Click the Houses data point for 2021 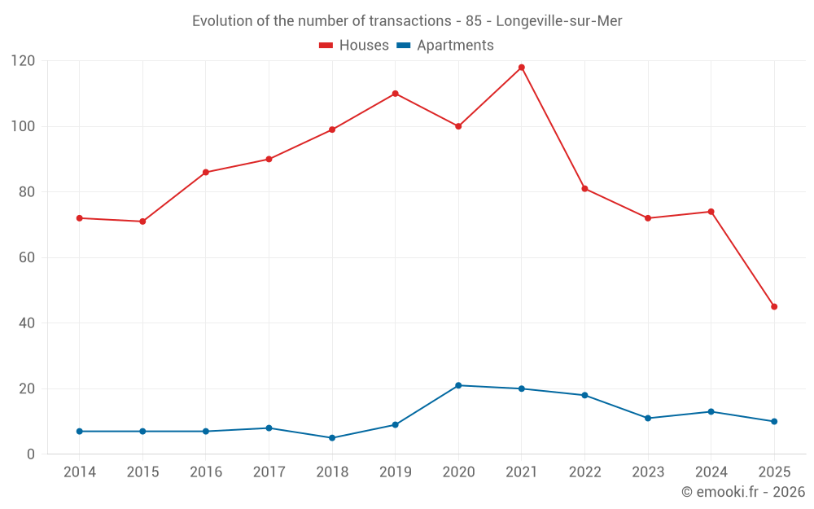coord(522,68)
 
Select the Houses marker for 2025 coord(774,307)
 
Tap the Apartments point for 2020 coord(458,385)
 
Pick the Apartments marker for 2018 coord(332,438)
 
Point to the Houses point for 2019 coord(395,94)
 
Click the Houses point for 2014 coord(79,218)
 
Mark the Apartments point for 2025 coord(774,422)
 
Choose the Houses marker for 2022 coord(584,189)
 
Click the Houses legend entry coord(354,46)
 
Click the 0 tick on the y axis coord(31,454)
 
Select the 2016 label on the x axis coord(205,472)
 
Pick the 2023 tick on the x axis coord(648,472)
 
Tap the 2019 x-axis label coord(395,472)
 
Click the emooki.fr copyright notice coord(742,492)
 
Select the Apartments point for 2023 coord(648,419)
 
